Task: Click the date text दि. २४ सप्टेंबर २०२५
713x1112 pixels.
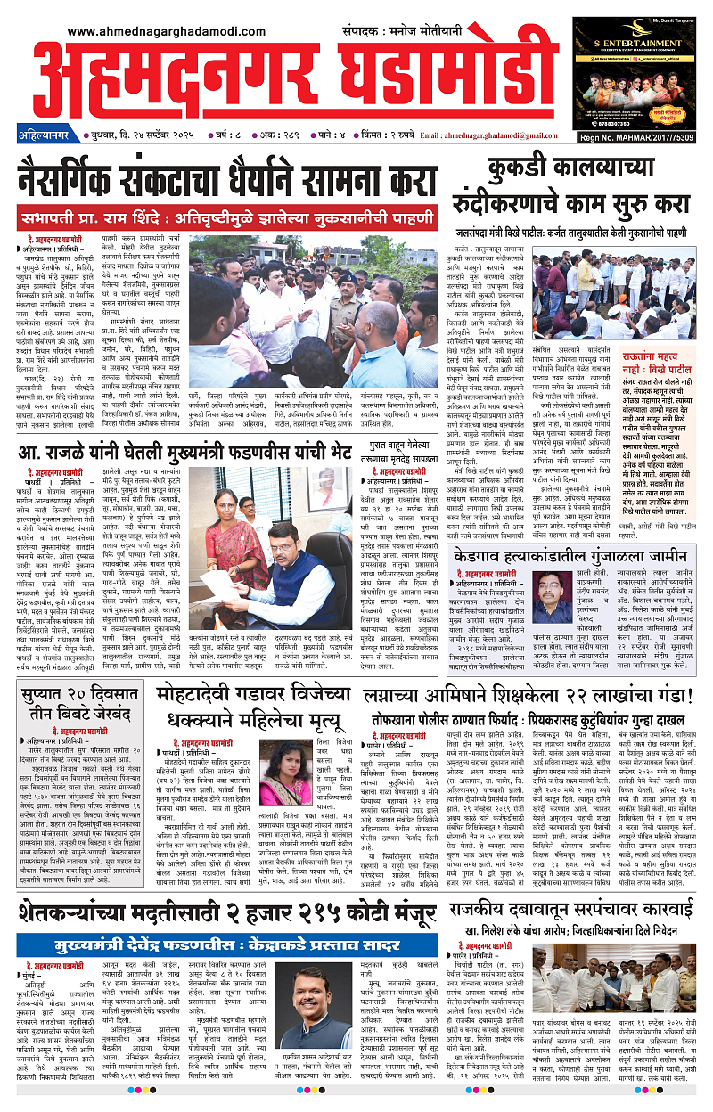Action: tap(151, 136)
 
